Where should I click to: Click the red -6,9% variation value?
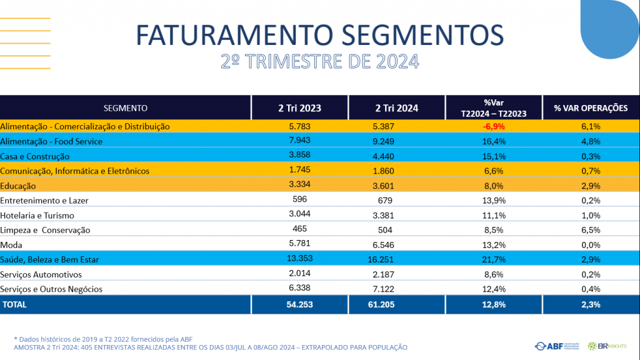pyautogui.click(x=494, y=126)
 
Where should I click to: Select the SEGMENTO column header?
pyautogui.click(x=126, y=108)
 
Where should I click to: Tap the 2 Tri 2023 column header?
pyautogui.click(x=300, y=108)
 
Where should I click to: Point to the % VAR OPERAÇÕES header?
pyautogui.click(x=591, y=108)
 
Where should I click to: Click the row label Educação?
pyautogui.click(x=18, y=186)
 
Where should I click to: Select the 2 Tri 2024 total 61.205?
pyautogui.click(x=397, y=305)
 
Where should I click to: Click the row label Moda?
pyautogui.click(x=11, y=245)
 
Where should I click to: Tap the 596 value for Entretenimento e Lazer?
pyautogui.click(x=300, y=200)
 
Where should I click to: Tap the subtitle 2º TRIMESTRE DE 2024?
pyautogui.click(x=319, y=62)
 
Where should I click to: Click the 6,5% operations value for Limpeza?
pyautogui.click(x=591, y=230)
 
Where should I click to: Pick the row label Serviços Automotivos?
pyautogui.click(x=41, y=274)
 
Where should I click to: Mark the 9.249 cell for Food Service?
pyautogui.click(x=397, y=141)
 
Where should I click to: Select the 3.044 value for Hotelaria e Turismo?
pyautogui.click(x=300, y=215)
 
